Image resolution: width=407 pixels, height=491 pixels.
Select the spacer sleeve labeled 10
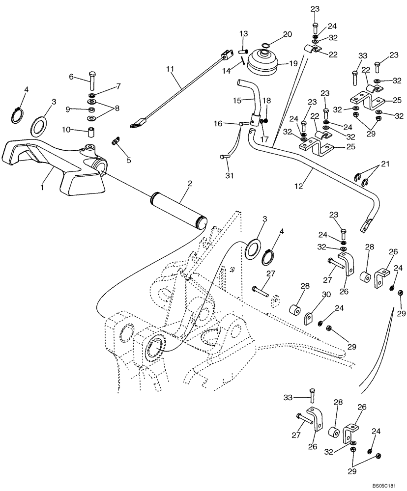pos(118,86)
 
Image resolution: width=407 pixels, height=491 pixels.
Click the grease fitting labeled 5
pos(116,142)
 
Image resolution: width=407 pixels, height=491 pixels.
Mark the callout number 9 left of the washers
pos(69,109)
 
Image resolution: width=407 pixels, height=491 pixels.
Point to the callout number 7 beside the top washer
pos(118,86)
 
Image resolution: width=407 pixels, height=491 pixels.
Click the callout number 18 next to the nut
pos(267,100)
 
